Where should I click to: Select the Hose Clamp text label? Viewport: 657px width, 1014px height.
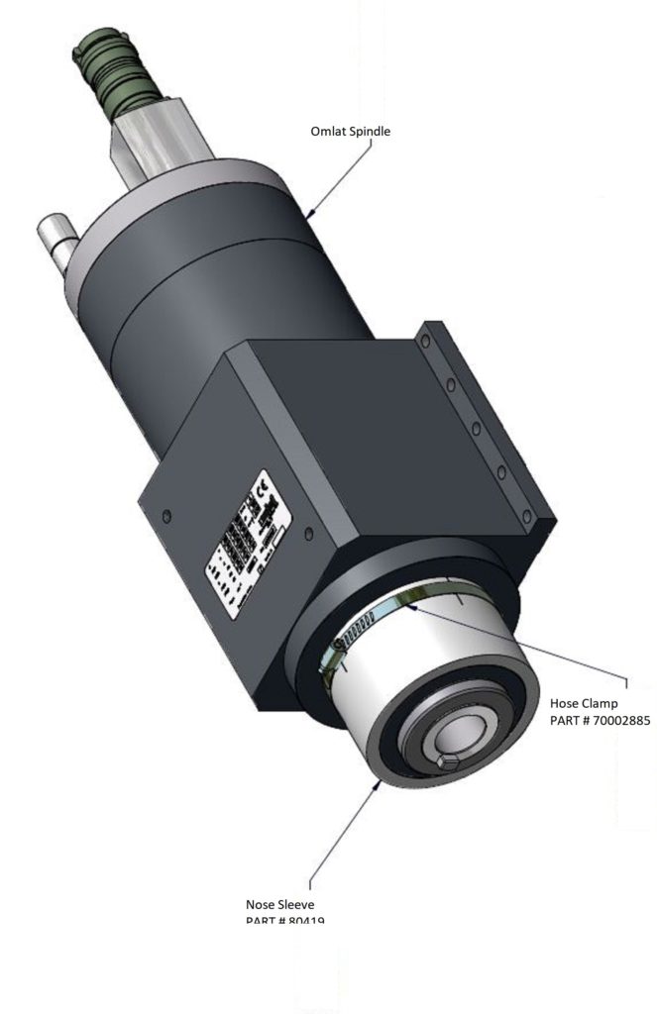pyautogui.click(x=584, y=703)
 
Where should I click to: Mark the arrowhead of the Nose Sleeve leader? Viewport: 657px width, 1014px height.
pyautogui.click(x=380, y=782)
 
